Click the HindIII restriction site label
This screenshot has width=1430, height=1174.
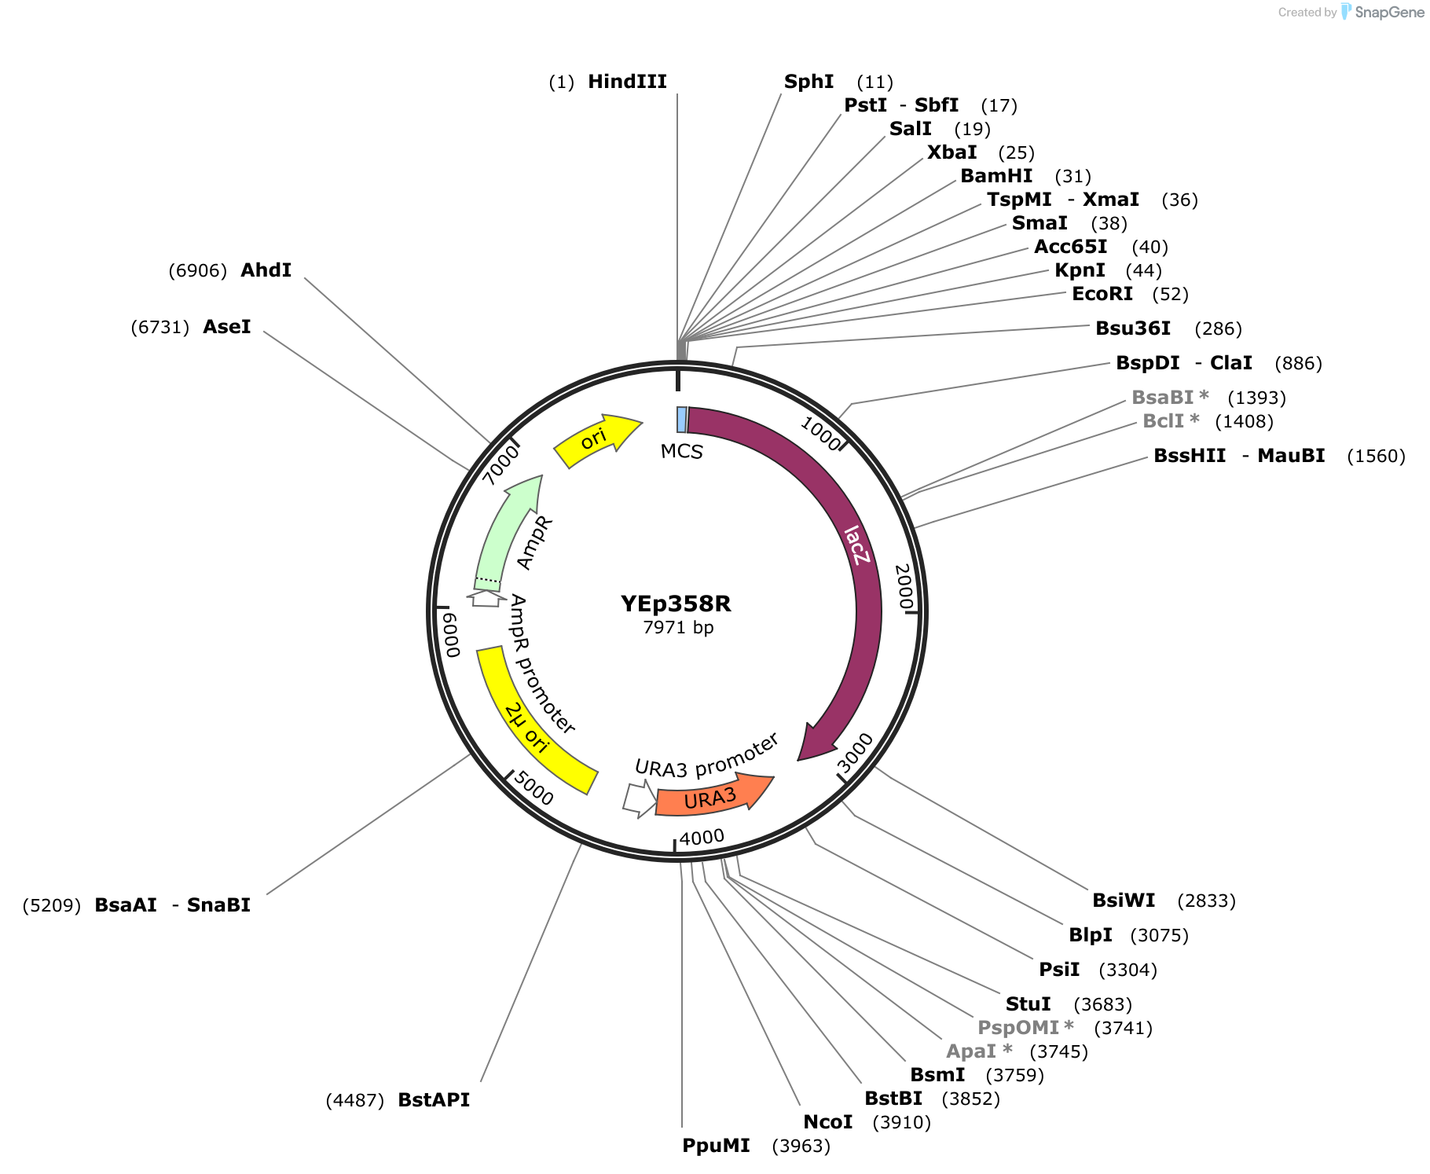pyautogui.click(x=627, y=82)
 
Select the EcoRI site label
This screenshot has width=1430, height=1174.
pyautogui.click(x=1102, y=294)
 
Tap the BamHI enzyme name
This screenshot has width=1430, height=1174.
pyautogui.click(x=996, y=176)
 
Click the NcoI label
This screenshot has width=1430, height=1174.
pyautogui.click(x=827, y=1122)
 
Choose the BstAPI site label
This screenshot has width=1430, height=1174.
pyautogui.click(x=434, y=1100)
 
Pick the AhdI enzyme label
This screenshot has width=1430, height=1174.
pyautogui.click(x=266, y=270)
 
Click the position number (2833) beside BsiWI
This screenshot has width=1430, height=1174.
pyautogui.click(x=1207, y=901)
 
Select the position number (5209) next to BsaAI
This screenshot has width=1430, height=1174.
pyautogui.click(x=52, y=905)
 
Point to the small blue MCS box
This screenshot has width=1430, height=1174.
pyautogui.click(x=682, y=420)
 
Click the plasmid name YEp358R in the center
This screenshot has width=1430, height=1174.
pyautogui.click(x=676, y=604)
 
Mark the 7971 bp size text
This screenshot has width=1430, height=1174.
pyautogui.click(x=678, y=627)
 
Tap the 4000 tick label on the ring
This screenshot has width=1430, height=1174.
pyautogui.click(x=702, y=838)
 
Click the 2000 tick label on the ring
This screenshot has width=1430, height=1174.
pyautogui.click(x=904, y=586)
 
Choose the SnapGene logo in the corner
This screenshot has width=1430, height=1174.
pyautogui.click(x=1383, y=12)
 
